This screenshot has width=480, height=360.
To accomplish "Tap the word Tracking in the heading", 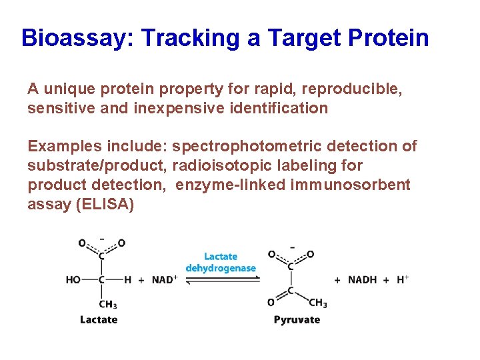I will click(x=190, y=38).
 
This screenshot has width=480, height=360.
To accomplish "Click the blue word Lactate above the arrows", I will click(x=220, y=257).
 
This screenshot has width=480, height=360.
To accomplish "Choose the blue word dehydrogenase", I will click(x=221, y=268).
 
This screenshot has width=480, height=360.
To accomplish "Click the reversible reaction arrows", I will click(x=220, y=281).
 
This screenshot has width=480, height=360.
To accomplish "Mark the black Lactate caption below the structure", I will click(x=99, y=319).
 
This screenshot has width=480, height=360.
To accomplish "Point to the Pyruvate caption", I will click(x=297, y=319).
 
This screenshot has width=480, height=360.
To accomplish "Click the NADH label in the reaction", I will click(x=363, y=280).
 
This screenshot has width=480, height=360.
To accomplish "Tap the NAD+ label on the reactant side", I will click(x=164, y=280).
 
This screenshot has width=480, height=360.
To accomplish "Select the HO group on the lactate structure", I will click(x=73, y=280).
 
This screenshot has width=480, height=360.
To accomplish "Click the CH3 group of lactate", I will click(x=107, y=304).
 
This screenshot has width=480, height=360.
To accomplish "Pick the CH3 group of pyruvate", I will click(x=317, y=303).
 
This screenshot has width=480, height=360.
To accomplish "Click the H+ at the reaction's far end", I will click(x=403, y=279).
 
